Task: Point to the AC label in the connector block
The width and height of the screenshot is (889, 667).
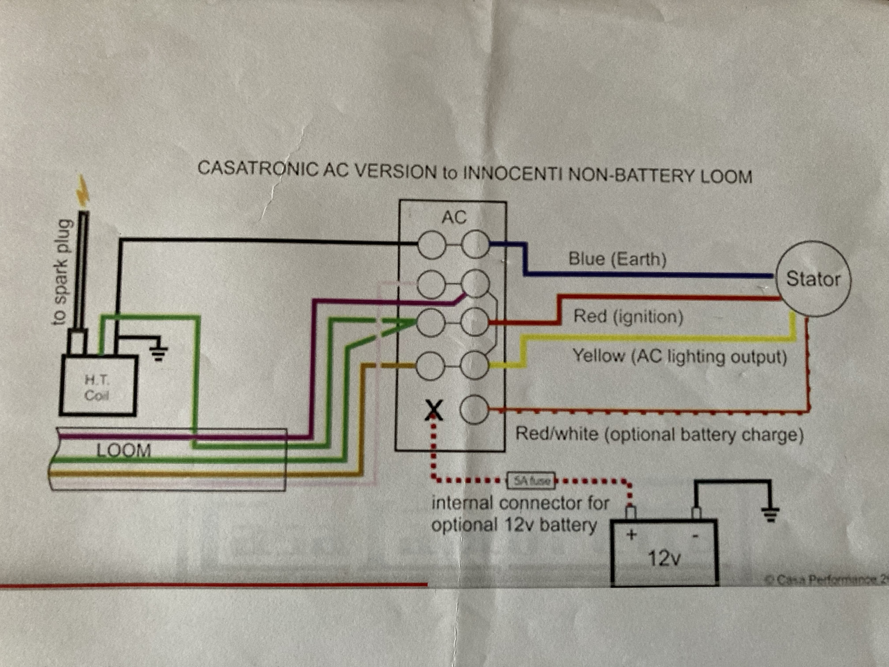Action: [454, 217]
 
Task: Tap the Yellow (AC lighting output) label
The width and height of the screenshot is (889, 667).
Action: [680, 356]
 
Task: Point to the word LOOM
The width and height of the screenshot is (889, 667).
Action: [124, 450]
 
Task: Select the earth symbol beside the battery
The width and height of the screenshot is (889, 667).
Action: [770, 514]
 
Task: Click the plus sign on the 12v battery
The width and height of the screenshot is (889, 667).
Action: [632, 535]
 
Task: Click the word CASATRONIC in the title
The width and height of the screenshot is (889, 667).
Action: [257, 169]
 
